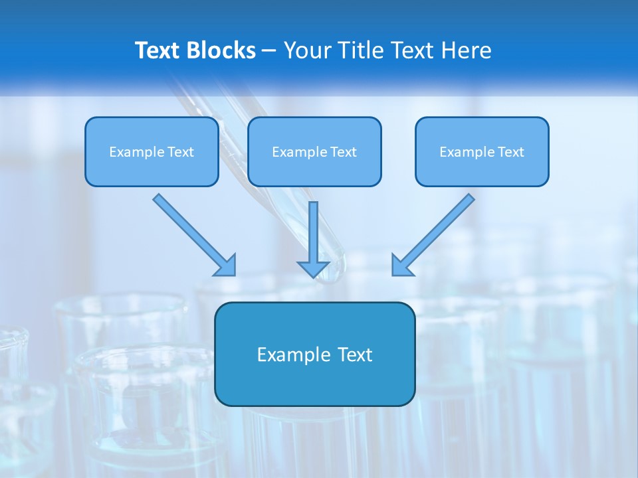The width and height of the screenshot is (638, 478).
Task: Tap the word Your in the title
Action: pyautogui.click(x=306, y=50)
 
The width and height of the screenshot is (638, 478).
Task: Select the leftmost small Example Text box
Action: pyautogui.click(x=152, y=151)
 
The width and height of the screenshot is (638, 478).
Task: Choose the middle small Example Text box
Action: pyautogui.click(x=314, y=151)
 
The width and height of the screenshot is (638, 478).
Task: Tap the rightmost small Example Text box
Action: pyautogui.click(x=482, y=151)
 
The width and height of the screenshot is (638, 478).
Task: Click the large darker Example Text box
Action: pyautogui.click(x=314, y=354)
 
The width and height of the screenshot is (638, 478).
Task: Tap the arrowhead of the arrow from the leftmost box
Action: pyautogui.click(x=227, y=266)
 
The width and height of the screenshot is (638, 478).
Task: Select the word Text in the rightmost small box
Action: pyautogui.click(x=510, y=152)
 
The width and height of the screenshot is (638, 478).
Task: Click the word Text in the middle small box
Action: pyautogui.click(x=343, y=152)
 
